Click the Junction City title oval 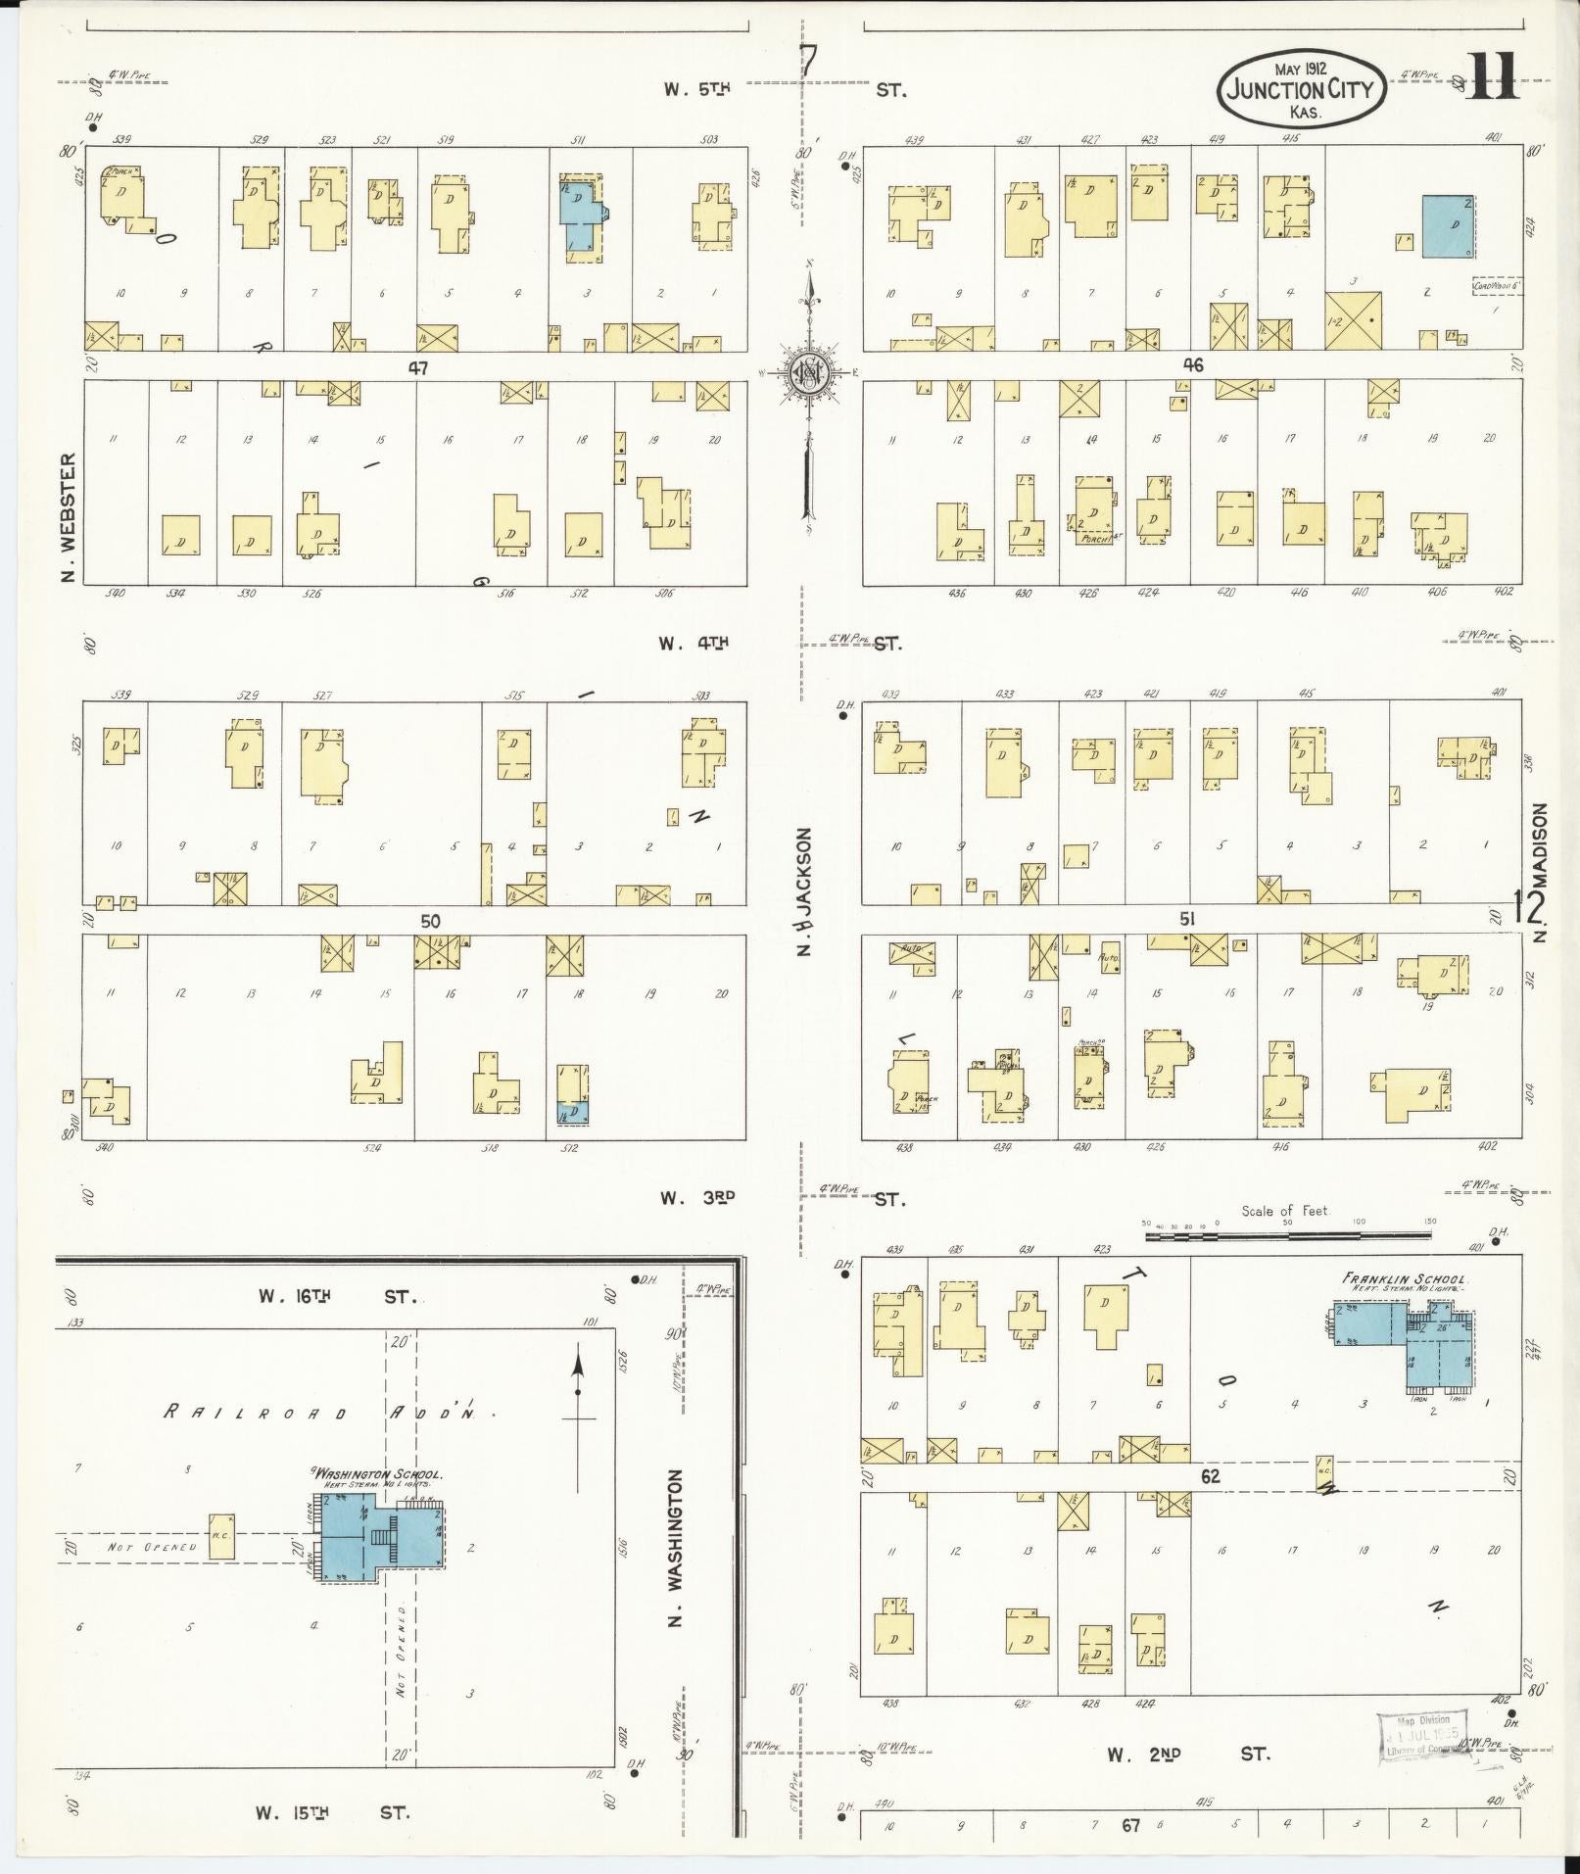[x=1300, y=91]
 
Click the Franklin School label [x=1404, y=1279]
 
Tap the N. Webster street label [x=68, y=516]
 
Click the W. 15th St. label [x=333, y=1812]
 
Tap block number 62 [x=1211, y=1475]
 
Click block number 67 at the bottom [x=1131, y=1825]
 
